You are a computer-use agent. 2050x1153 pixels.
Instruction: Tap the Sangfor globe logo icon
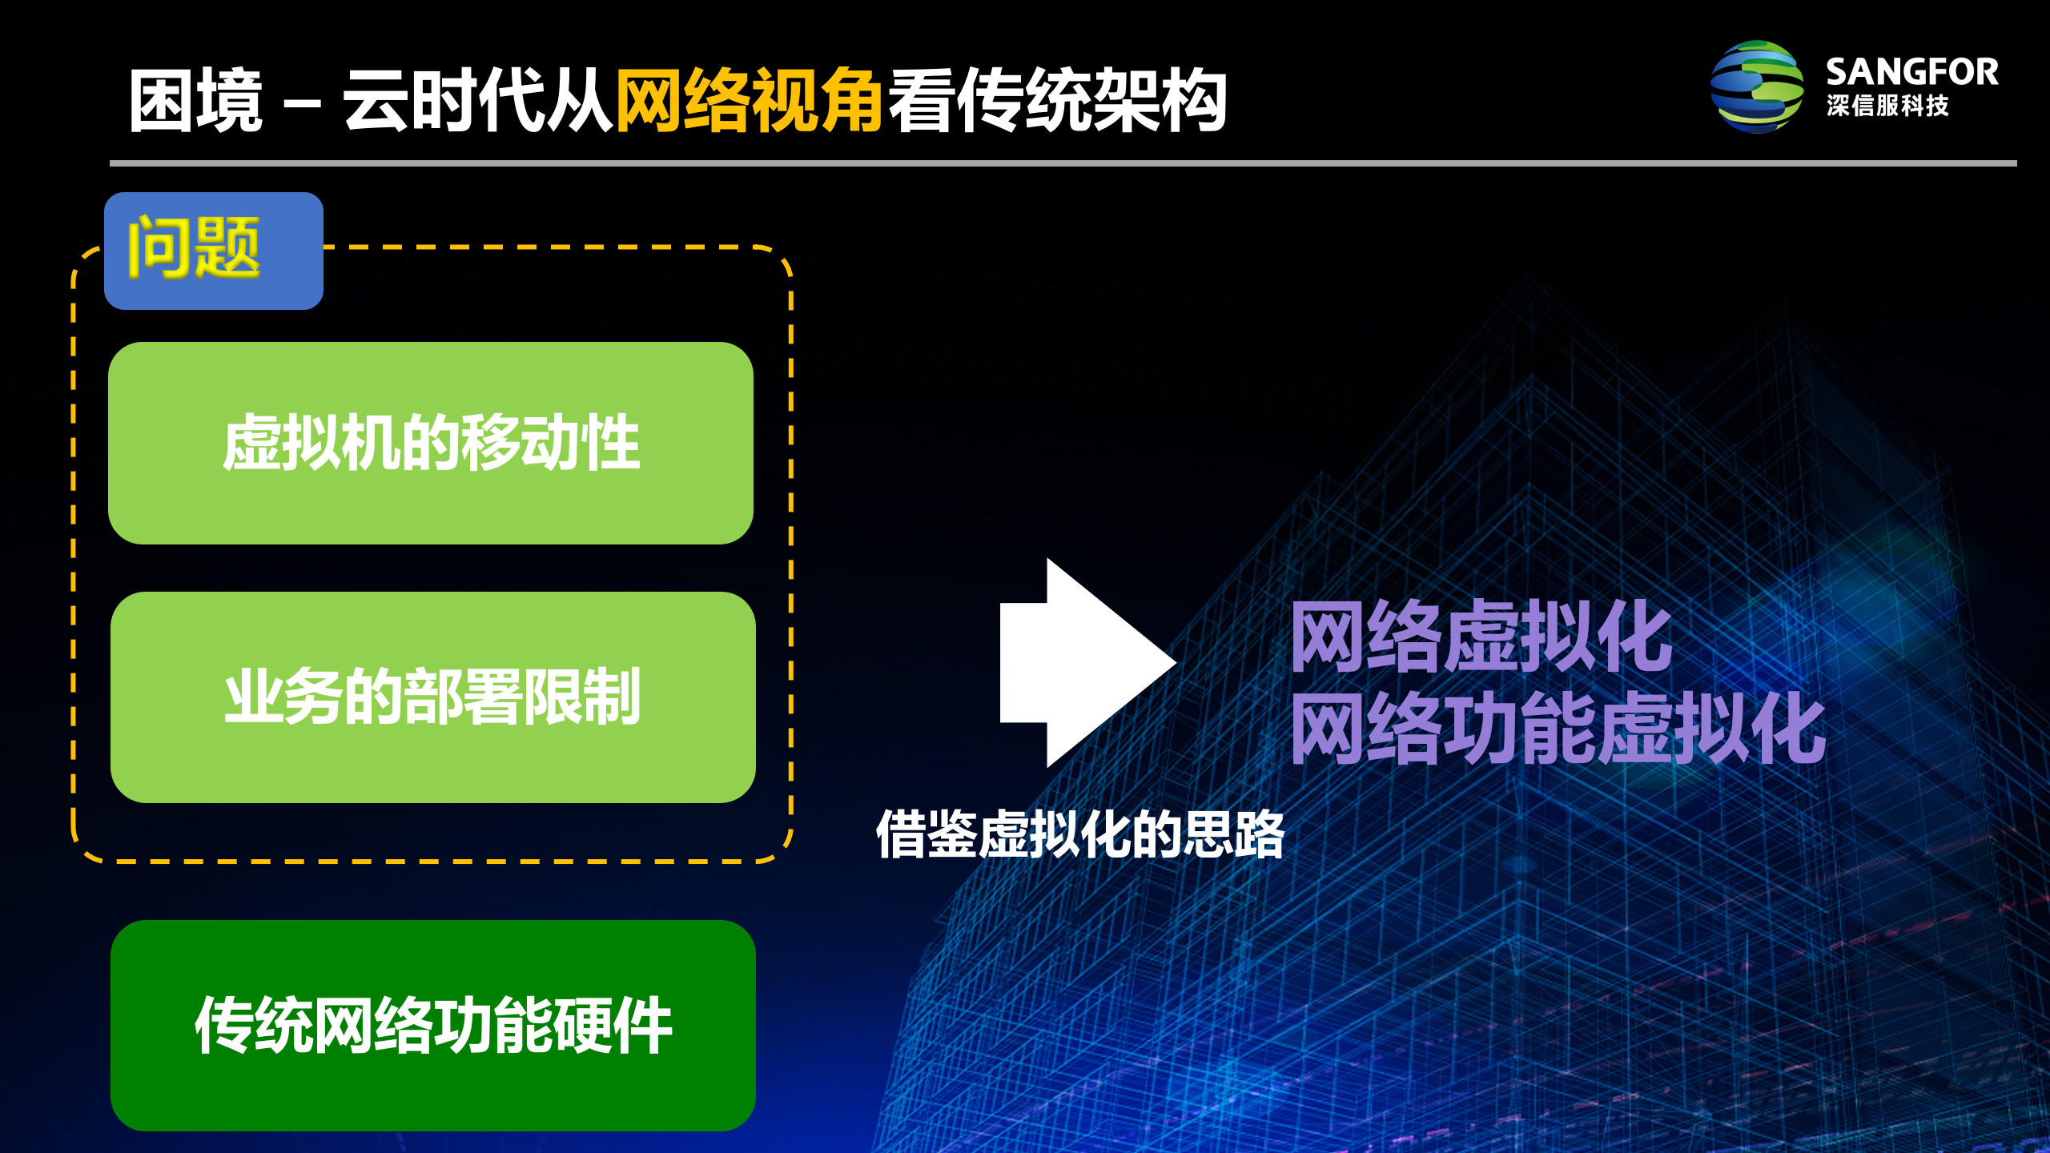pyautogui.click(x=1756, y=86)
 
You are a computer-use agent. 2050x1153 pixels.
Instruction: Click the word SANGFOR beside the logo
pyautogui.click(x=1911, y=72)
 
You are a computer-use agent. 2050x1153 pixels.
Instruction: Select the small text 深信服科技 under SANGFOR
pyautogui.click(x=1887, y=106)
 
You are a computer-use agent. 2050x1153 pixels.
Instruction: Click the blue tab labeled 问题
pyautogui.click(x=213, y=250)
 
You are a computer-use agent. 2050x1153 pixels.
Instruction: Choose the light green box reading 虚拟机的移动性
pyautogui.click(x=431, y=443)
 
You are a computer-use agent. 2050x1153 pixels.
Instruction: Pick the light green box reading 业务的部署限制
pyautogui.click(x=432, y=697)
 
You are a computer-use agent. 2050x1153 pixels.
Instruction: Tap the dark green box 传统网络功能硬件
pyautogui.click(x=432, y=1025)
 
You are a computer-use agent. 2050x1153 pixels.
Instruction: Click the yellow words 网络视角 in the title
pyautogui.click(x=749, y=100)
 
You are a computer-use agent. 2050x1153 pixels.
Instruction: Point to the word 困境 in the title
pyautogui.click(x=196, y=100)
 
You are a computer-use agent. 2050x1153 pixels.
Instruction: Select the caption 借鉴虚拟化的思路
pyautogui.click(x=1079, y=834)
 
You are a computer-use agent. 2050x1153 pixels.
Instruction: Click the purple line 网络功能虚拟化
pyautogui.click(x=1558, y=729)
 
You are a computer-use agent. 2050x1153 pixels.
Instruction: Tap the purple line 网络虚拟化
pyautogui.click(x=1481, y=637)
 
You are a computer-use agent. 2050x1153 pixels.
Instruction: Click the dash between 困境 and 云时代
pyautogui.click(x=303, y=102)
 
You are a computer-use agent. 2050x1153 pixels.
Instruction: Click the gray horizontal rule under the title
pyautogui.click(x=1063, y=163)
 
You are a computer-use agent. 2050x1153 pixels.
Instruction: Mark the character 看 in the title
pyautogui.click(x=921, y=100)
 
